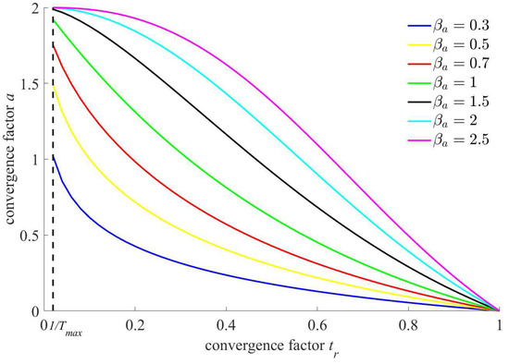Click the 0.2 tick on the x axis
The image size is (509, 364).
pyautogui.click(x=135, y=325)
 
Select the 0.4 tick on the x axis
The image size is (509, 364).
pyautogui.click(x=226, y=325)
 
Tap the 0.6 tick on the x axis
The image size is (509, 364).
pyautogui.click(x=317, y=325)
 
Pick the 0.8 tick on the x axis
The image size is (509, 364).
pyautogui.click(x=408, y=325)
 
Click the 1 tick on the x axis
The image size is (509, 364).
pyautogui.click(x=499, y=325)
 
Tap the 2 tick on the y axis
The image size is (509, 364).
pyautogui.click(x=35, y=7)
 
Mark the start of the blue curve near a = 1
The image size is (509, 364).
pyautogui.click(x=54, y=156)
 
